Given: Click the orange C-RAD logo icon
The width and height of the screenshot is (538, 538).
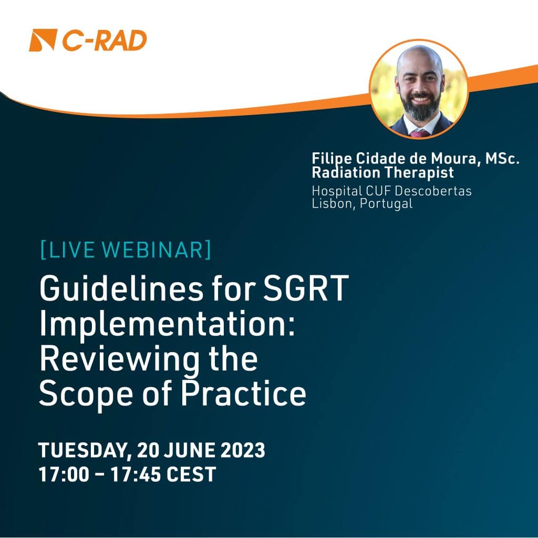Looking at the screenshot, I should [x=43, y=40].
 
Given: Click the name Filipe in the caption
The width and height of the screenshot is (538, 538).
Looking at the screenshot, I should [x=329, y=159].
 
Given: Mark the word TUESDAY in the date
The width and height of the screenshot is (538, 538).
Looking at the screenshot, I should [x=84, y=451].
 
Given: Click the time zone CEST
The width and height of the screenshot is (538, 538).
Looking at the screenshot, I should [x=192, y=474].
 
